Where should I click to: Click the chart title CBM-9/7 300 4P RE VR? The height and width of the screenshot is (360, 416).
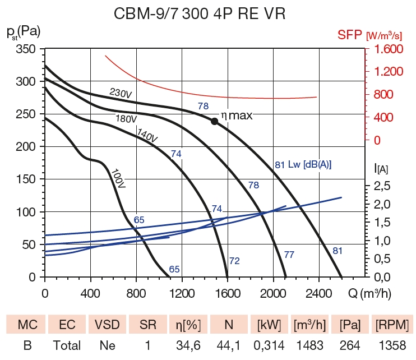coord(207,13)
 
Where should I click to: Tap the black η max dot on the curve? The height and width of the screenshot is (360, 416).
coord(214,121)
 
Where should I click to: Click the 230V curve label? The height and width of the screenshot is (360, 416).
coord(121,93)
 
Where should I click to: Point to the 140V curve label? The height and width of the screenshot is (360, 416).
coord(147,135)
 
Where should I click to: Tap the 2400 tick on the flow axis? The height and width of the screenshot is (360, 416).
coord(320,292)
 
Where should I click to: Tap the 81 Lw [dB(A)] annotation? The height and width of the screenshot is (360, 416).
coord(303,165)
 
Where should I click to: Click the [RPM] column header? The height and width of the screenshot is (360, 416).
coord(392,325)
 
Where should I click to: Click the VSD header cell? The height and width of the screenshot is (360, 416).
coord(107,325)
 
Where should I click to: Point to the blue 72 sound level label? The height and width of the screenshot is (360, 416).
coord(234,261)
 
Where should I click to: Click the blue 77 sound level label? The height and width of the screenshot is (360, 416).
coord(289,255)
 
